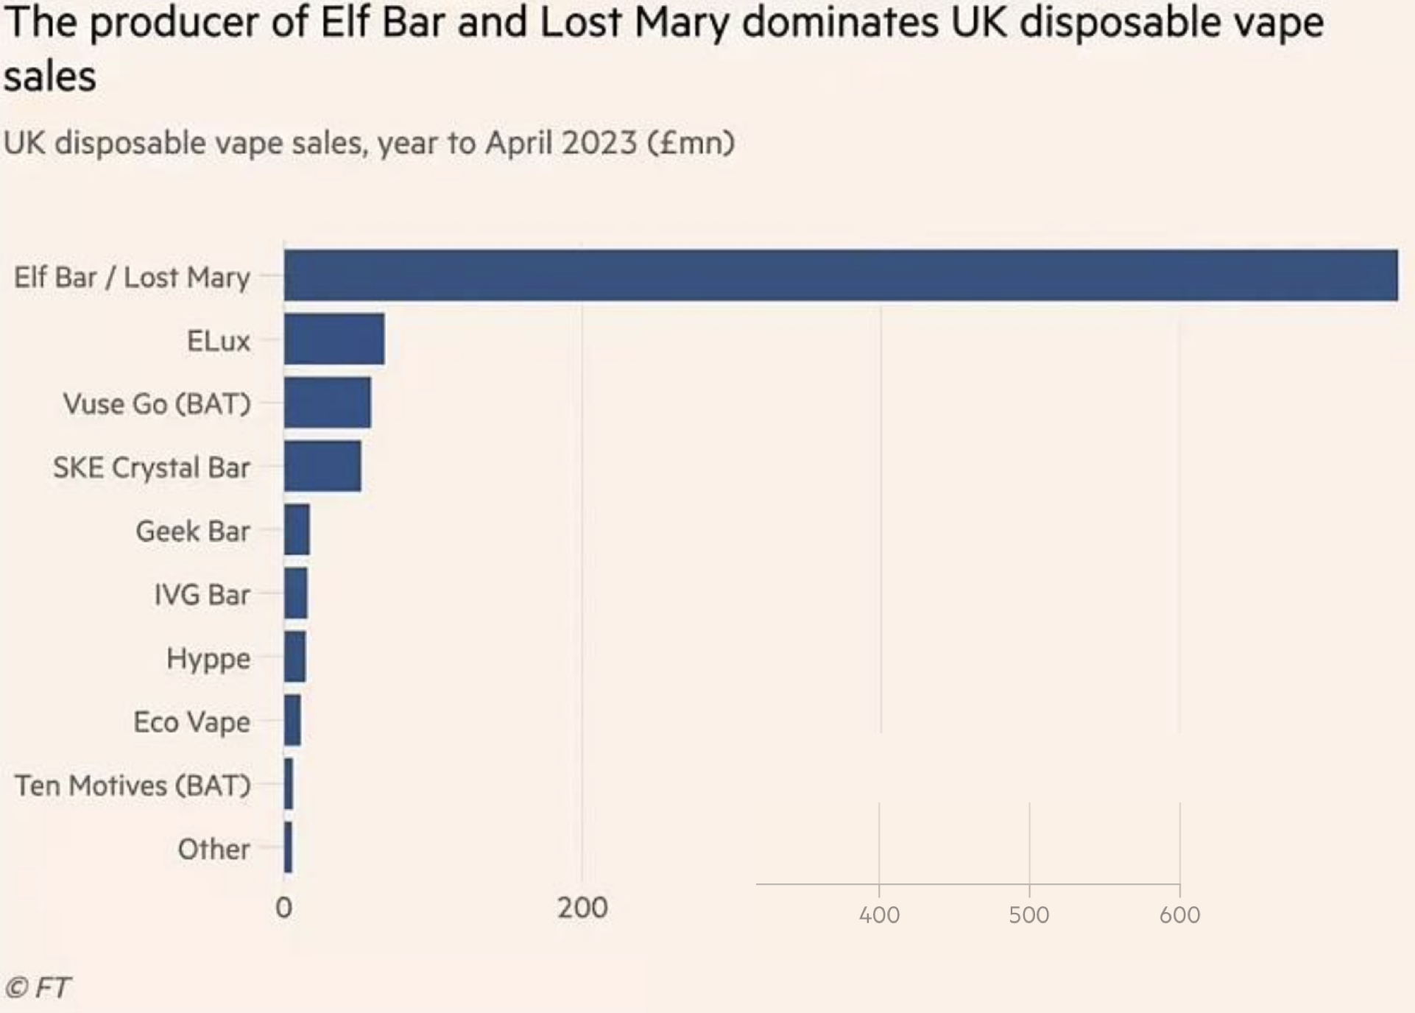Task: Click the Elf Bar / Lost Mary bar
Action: (x=840, y=275)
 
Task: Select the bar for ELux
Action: (x=334, y=339)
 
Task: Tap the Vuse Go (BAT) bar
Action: (x=328, y=403)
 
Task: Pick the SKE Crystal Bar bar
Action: (x=322, y=466)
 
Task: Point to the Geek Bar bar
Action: (x=297, y=530)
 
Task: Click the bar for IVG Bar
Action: (x=296, y=593)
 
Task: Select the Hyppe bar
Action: (x=294, y=657)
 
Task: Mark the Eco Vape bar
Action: (x=292, y=721)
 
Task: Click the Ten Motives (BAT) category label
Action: (x=133, y=786)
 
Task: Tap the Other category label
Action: (x=214, y=850)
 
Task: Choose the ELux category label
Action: (x=219, y=341)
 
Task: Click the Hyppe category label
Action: (x=208, y=659)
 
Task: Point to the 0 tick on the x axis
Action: (x=283, y=908)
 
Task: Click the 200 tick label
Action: (x=582, y=908)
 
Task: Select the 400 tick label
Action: (x=879, y=915)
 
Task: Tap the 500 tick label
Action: (x=1029, y=915)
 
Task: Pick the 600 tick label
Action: (x=1179, y=915)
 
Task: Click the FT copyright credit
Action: (x=38, y=987)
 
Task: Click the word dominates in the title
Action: (x=840, y=23)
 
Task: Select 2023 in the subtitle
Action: (x=599, y=142)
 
